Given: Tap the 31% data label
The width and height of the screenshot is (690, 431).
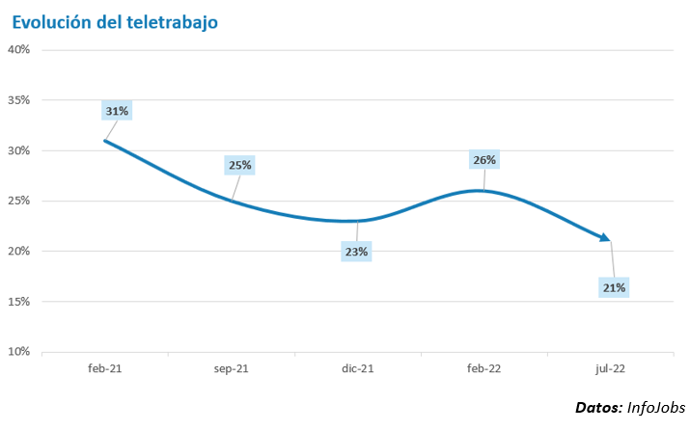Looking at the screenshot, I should coord(117,111).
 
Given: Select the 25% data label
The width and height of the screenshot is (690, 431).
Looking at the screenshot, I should coord(239,165).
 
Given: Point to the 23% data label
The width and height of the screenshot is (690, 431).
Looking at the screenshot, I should coord(357,252).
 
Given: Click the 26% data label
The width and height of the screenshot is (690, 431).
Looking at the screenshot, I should coord(484,160).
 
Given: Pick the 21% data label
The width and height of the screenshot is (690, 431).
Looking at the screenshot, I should coord(615,287).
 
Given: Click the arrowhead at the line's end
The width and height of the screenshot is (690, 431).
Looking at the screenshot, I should coord(604,237).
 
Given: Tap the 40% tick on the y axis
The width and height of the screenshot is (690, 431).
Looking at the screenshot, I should coord(19,49).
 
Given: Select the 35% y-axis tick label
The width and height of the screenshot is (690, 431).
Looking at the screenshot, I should coord(19,100).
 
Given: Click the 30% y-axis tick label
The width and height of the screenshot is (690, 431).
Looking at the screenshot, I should coord(19,150).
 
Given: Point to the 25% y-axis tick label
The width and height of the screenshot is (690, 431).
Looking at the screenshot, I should coord(19,201).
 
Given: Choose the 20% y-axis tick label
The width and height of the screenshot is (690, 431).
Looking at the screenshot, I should coord(19,251).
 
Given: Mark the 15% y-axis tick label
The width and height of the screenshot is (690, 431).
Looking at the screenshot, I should coord(19,301).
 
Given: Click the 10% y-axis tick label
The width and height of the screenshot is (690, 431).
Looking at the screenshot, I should coord(19,351).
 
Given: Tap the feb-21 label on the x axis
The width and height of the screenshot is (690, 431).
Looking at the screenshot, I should coord(104,368).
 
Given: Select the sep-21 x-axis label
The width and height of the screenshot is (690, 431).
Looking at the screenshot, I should coord(231,368).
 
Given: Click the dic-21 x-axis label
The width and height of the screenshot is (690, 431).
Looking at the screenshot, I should coord(357,368).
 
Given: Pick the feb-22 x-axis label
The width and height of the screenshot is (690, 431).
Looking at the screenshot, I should coord(483,368).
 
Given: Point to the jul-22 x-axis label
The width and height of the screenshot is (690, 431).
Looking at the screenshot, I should coord(610,368).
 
